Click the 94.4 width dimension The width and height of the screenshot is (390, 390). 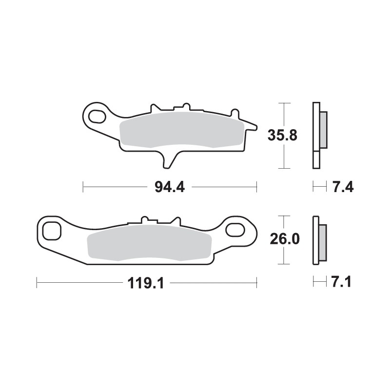170,187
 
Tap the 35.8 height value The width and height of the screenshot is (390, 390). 282,136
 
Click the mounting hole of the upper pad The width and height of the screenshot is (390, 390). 97,117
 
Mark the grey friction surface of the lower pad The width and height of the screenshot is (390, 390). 149,244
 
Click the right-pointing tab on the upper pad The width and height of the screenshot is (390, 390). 251,127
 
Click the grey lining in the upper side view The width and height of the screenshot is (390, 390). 324,130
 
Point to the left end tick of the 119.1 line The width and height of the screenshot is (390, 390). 37,282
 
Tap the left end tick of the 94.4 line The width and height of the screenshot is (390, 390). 83,187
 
